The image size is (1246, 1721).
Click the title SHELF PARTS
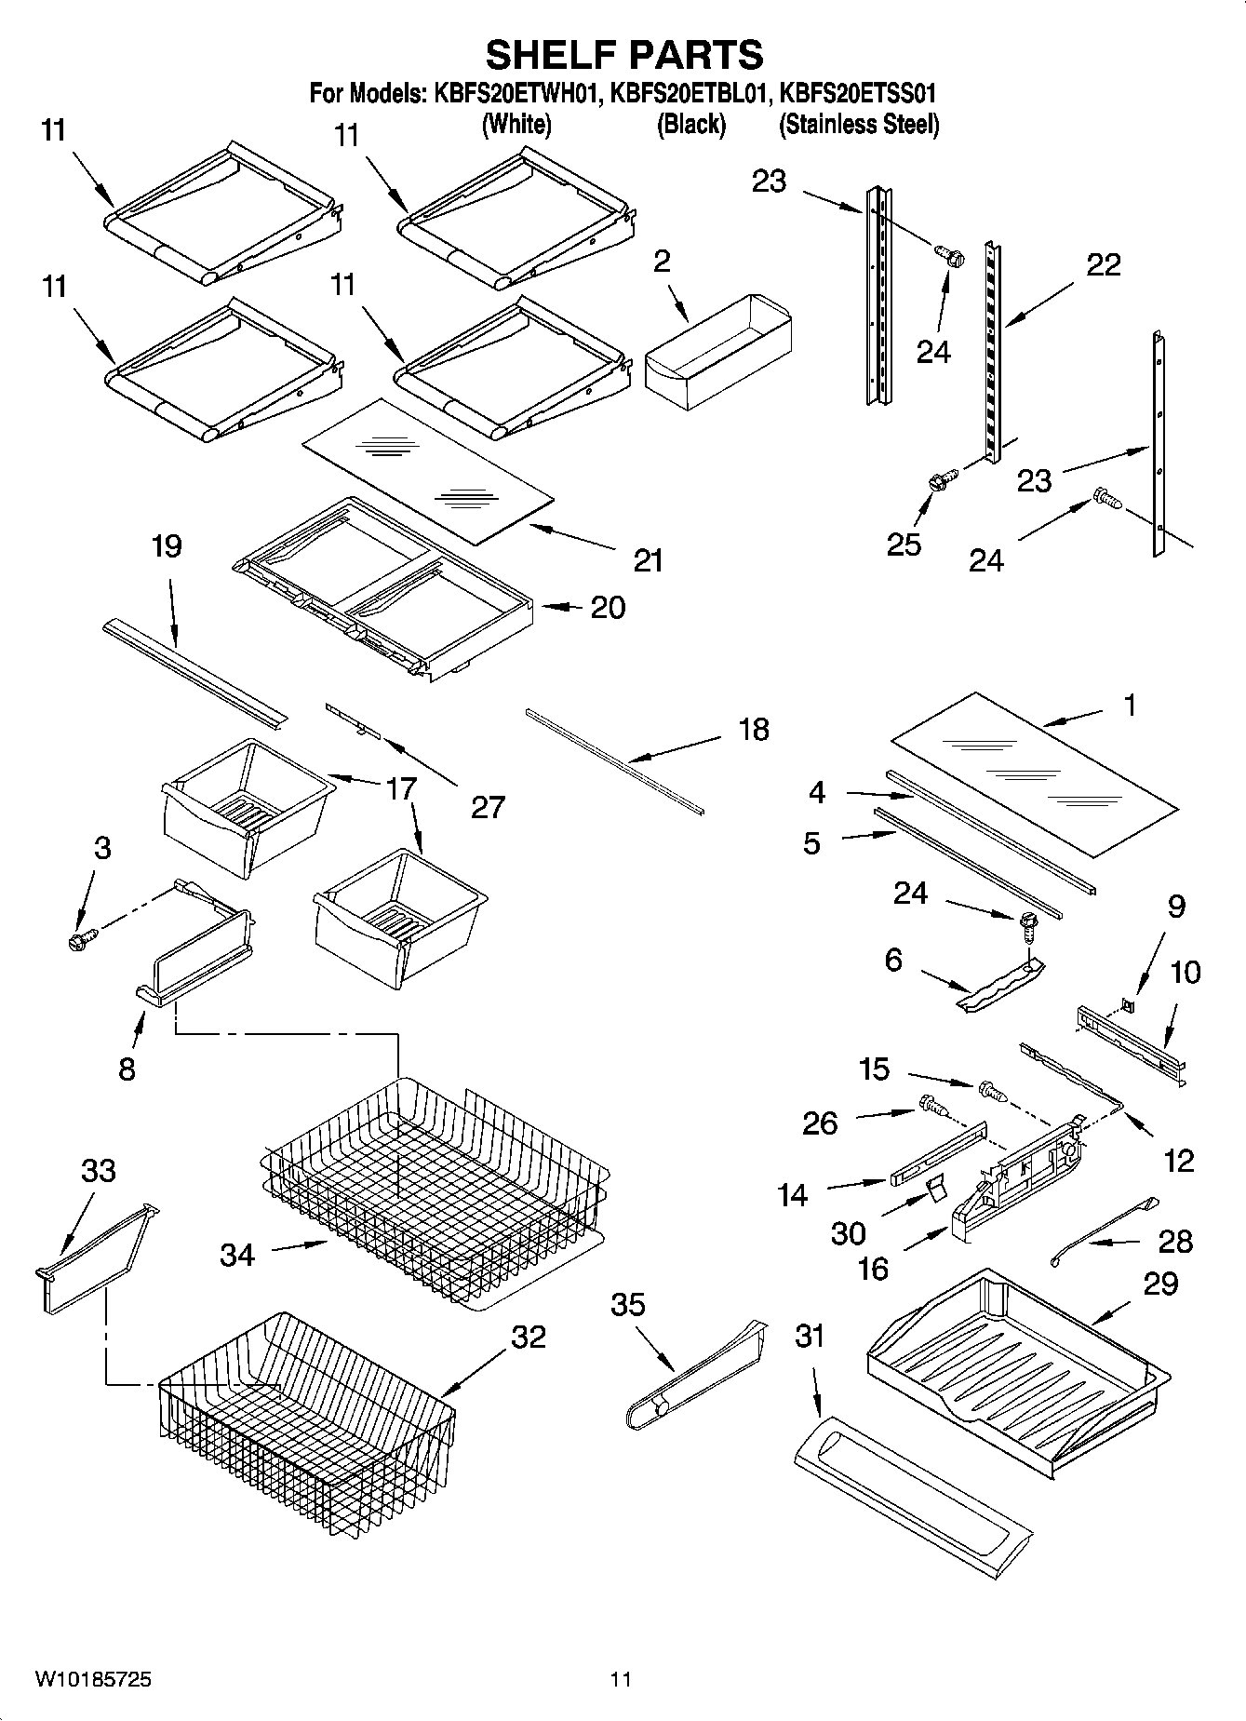(623, 55)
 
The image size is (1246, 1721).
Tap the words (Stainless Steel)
(858, 124)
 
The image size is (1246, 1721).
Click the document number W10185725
(93, 1679)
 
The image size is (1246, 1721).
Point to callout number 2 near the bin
(661, 262)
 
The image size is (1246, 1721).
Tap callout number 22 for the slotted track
(1104, 265)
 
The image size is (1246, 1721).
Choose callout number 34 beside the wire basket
(237, 1255)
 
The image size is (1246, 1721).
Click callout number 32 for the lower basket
(528, 1337)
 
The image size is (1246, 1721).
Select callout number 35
(627, 1305)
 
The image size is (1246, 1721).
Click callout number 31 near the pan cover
(810, 1337)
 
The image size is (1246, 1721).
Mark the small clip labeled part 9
(1128, 1004)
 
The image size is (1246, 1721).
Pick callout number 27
(488, 806)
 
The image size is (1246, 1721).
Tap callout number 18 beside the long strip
(754, 729)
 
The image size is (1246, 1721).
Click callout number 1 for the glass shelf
(1129, 706)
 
